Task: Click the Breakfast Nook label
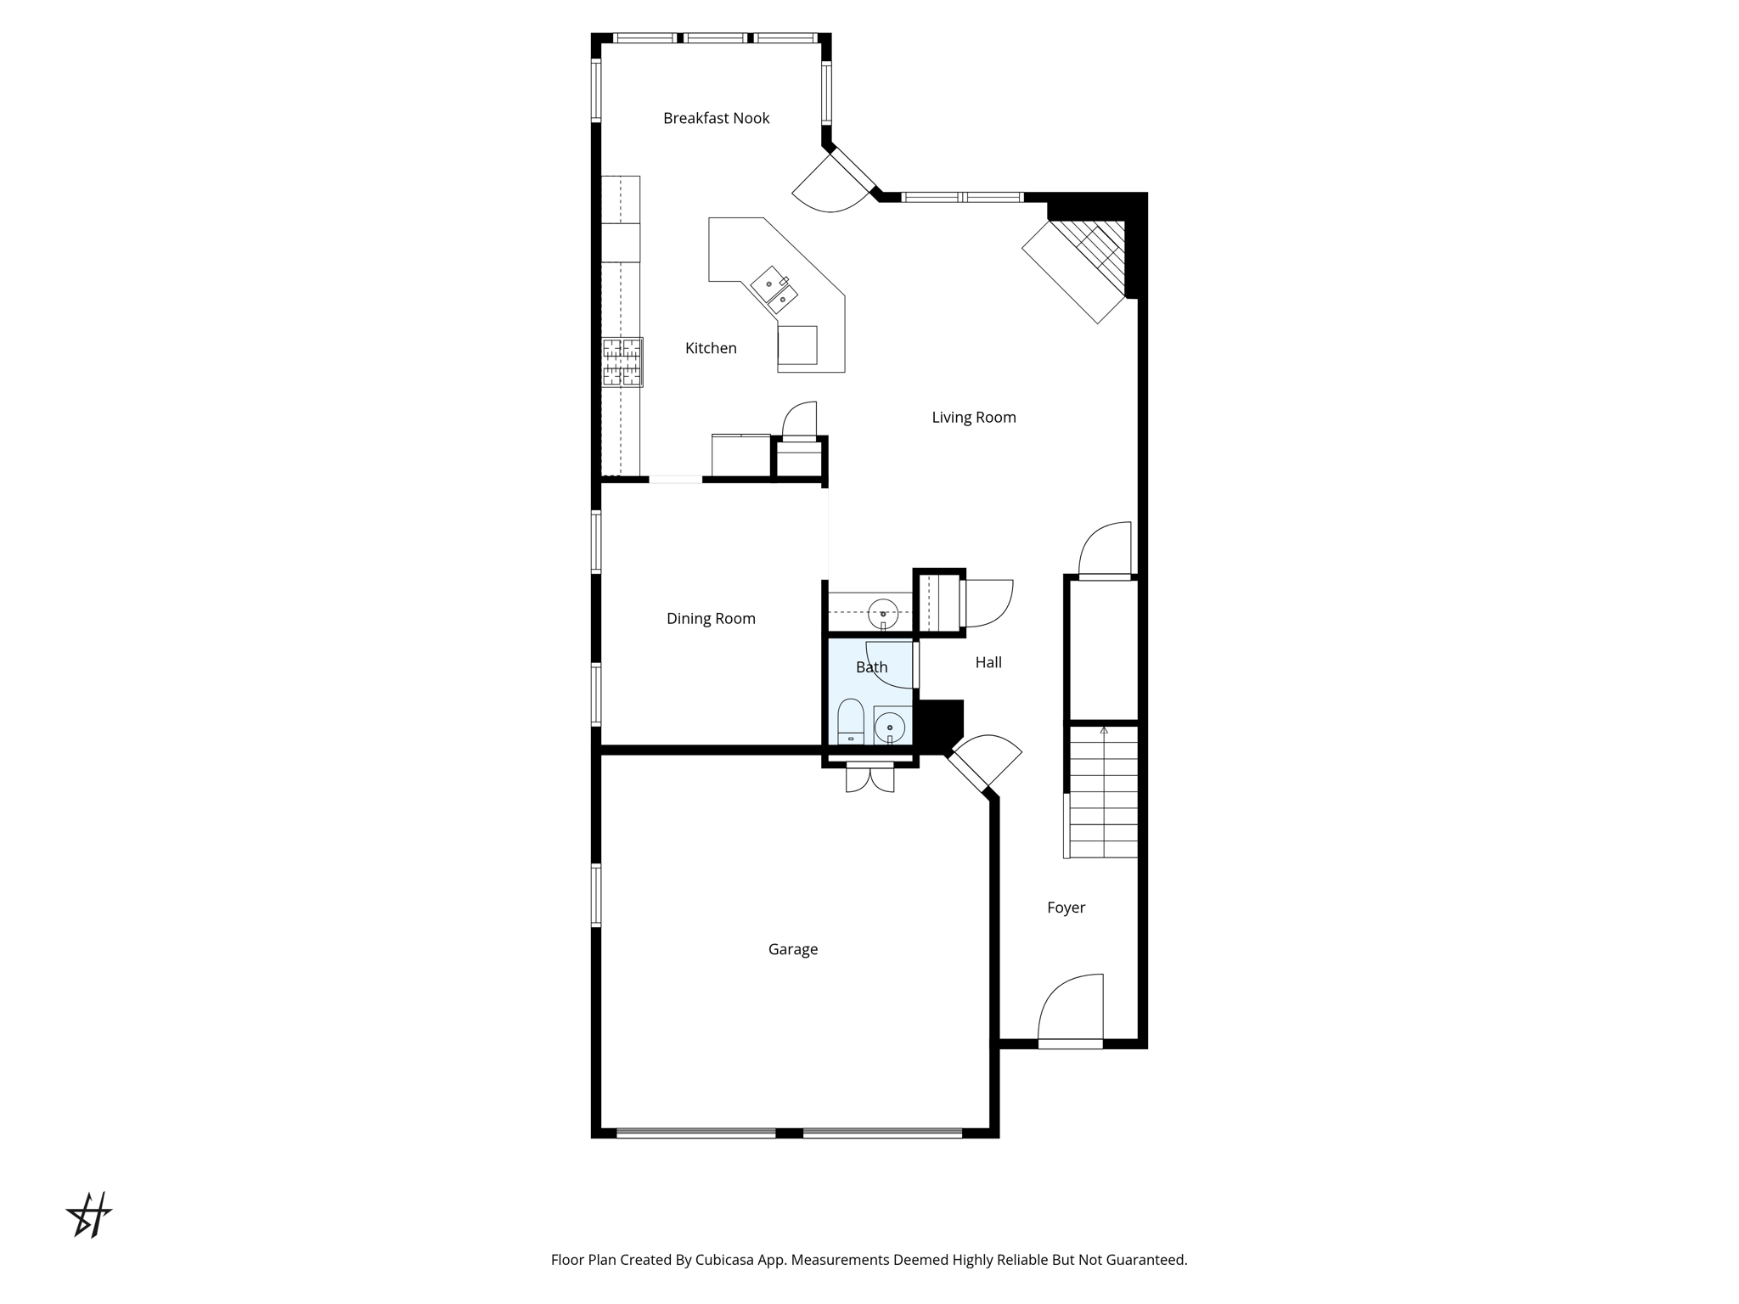(716, 118)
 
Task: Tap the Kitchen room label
(711, 348)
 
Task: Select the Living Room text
(974, 418)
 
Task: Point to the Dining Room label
(711, 619)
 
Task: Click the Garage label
(793, 949)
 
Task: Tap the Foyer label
(1066, 908)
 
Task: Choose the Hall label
(988, 662)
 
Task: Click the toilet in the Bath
(851, 722)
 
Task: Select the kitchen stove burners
(622, 363)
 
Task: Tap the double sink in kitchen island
(774, 289)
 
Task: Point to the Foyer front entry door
(1071, 1011)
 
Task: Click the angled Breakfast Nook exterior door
(836, 182)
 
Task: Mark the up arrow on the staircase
(1104, 730)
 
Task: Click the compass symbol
(89, 1215)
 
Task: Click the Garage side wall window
(596, 894)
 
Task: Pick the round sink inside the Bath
(890, 728)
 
